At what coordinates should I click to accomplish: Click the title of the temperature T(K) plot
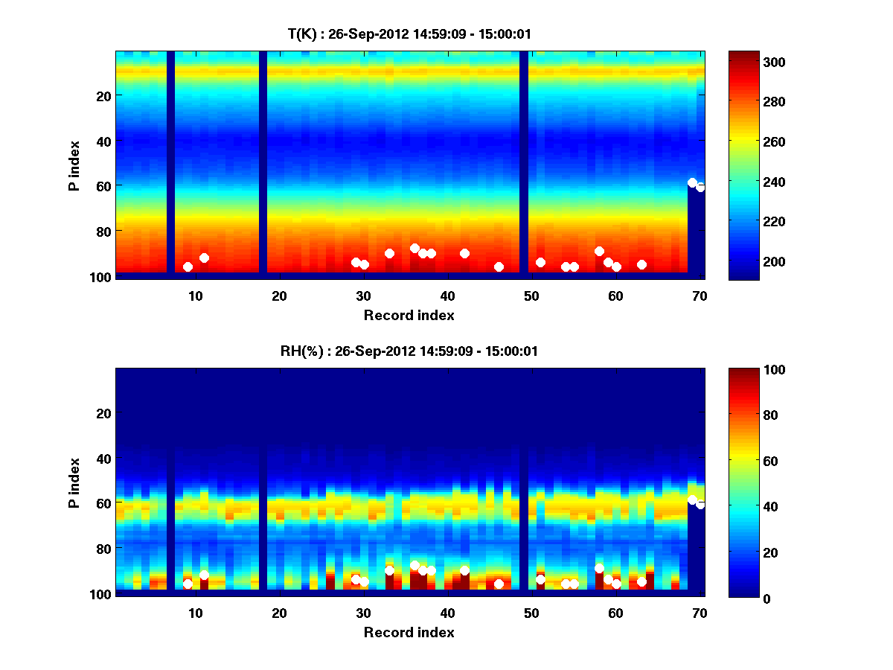click(x=409, y=33)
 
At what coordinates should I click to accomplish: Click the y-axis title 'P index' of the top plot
click(x=74, y=164)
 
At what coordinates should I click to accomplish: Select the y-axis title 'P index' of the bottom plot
click(x=74, y=482)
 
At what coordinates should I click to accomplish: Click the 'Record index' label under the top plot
click(x=409, y=315)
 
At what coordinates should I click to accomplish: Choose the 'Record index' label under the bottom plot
click(x=409, y=632)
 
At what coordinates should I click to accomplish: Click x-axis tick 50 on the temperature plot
click(x=531, y=296)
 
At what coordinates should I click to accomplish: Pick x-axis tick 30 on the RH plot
click(x=363, y=613)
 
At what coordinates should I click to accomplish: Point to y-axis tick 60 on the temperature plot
click(x=103, y=185)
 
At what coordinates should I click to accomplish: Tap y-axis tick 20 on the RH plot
click(x=103, y=413)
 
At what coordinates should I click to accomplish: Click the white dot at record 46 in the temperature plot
click(x=499, y=267)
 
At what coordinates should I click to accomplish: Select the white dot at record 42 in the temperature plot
click(x=464, y=253)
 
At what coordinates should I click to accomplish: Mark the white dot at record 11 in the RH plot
click(x=204, y=575)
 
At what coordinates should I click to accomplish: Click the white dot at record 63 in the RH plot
click(x=641, y=581)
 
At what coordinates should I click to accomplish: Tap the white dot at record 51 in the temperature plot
click(x=540, y=262)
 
